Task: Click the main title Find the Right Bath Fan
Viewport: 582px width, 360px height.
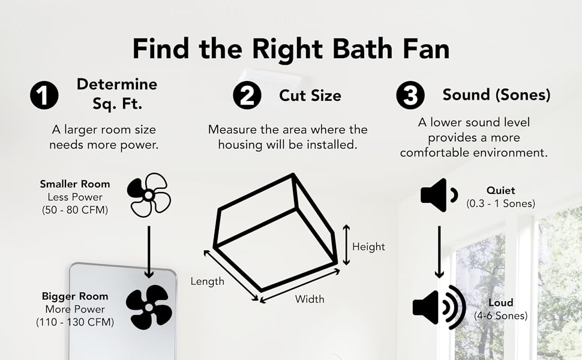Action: tap(291, 48)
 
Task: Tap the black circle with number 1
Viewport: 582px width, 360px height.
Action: tap(44, 97)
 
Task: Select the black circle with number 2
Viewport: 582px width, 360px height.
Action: tap(247, 97)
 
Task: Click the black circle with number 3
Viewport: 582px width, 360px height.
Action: tap(411, 97)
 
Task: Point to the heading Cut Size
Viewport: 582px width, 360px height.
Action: tap(310, 95)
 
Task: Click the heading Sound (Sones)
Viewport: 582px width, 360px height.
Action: tap(496, 95)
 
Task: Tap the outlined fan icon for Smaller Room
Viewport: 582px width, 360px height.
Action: tap(149, 195)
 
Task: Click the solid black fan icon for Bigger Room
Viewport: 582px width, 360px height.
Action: tap(149, 307)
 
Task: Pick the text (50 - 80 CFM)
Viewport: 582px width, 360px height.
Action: tap(75, 210)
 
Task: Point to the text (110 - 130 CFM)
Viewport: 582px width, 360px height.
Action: tap(75, 322)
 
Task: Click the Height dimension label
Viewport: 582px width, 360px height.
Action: tap(368, 247)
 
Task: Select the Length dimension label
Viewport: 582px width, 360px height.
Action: tap(208, 281)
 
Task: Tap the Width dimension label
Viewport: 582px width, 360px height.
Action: tap(310, 299)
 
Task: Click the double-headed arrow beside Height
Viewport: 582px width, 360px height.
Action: tap(346, 245)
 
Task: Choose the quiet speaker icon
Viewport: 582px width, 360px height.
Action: tap(439, 195)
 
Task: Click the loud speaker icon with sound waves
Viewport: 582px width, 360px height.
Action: tap(439, 307)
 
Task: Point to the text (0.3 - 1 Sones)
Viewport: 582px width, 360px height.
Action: tap(501, 203)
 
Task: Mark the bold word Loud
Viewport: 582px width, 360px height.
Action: tap(501, 303)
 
